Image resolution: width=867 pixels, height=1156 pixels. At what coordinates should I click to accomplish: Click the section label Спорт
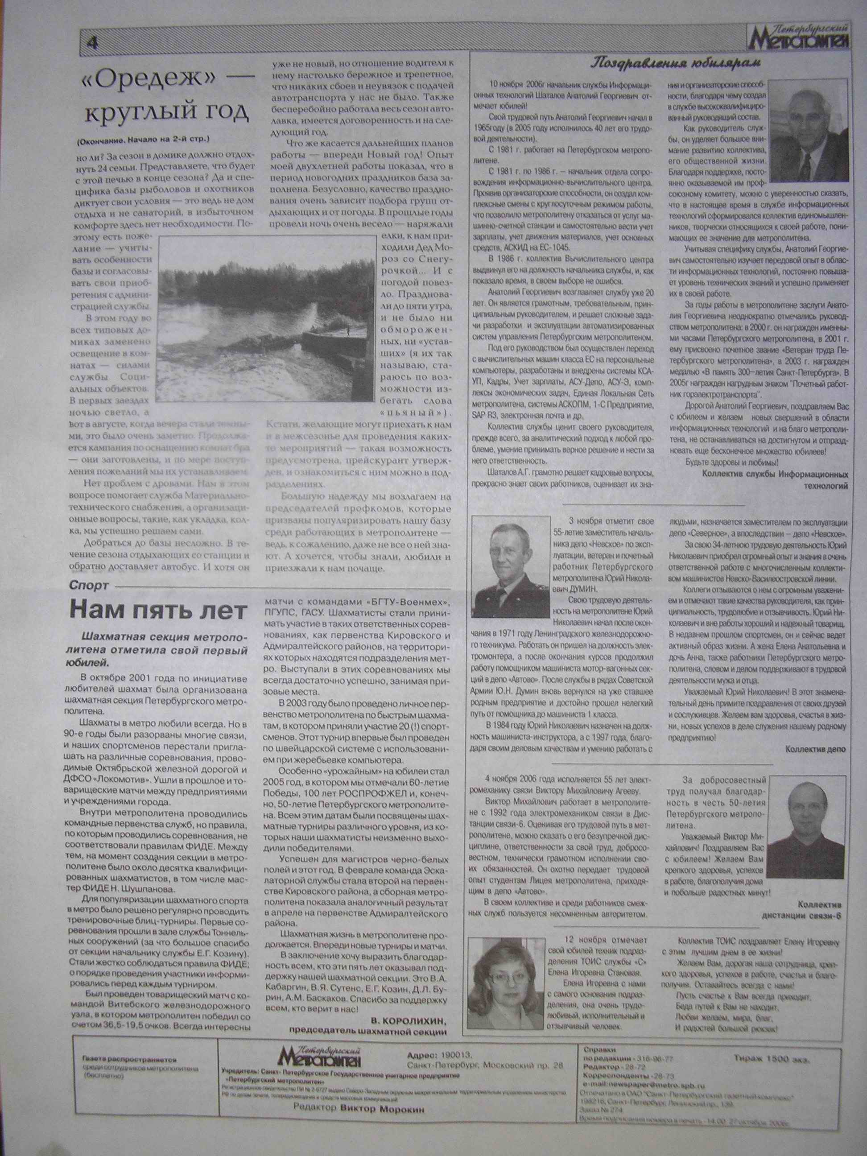[88, 585]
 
